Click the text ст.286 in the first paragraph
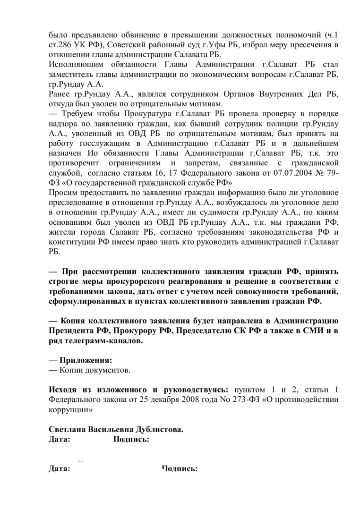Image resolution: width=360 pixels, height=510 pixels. [60, 45]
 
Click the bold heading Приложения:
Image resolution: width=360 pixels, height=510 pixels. [86, 360]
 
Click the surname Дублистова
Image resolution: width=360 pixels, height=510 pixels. [154, 430]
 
